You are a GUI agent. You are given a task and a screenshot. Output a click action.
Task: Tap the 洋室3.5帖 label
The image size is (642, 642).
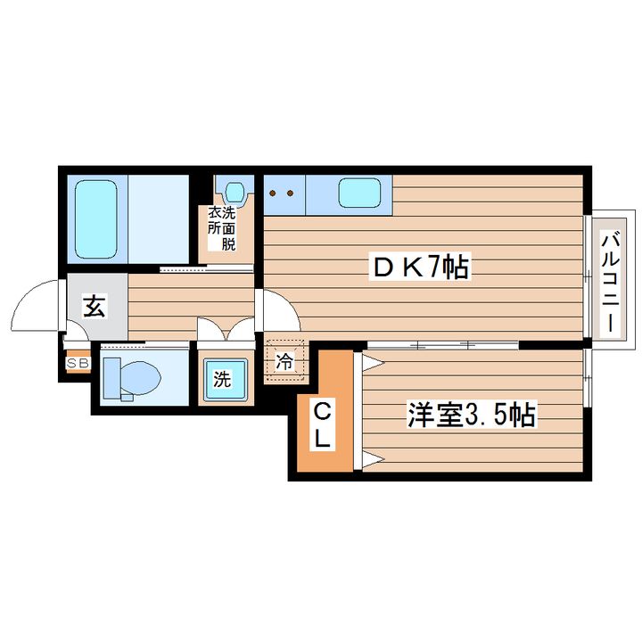pos(472,415)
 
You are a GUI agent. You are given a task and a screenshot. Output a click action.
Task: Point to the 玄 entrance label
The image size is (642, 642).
pos(94,307)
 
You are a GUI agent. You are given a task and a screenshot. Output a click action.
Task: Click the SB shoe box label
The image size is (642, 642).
pos(77,363)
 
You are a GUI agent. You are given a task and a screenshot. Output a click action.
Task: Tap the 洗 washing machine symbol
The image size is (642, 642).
pos(221,378)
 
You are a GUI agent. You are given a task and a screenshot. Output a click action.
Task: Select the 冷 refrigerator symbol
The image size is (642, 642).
pos(284,362)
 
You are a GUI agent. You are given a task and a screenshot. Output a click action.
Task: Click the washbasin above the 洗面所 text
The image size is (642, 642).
pos(235,192)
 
